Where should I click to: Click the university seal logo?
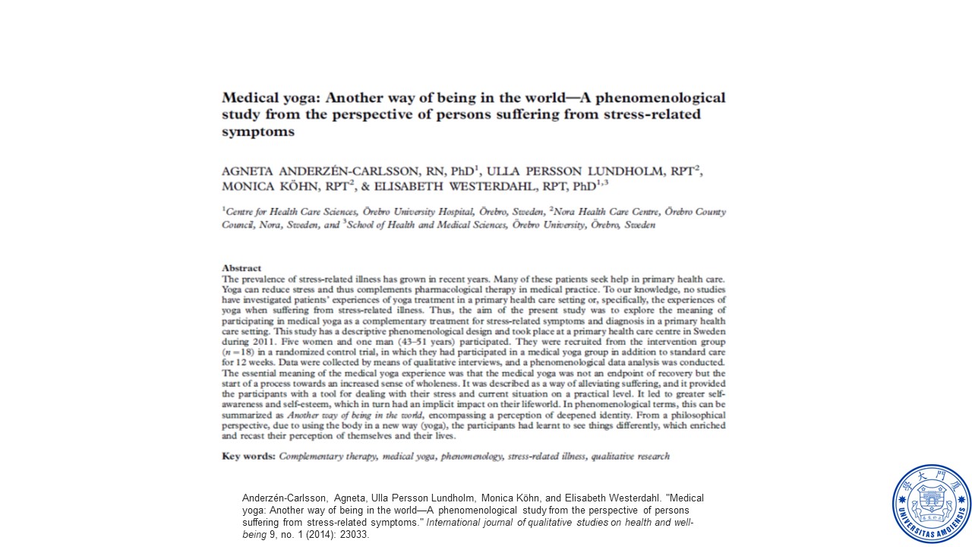click(x=931, y=504)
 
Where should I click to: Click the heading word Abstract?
click(x=241, y=268)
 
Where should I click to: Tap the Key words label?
click(x=248, y=457)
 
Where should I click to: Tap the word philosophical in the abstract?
click(x=683, y=416)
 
